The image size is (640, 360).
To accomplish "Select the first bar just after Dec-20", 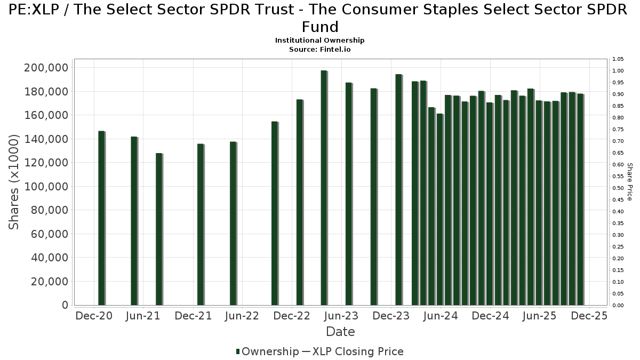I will pos(101,218).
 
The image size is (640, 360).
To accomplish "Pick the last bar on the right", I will pos(580,199).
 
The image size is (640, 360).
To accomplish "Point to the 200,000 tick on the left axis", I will pos(46,68).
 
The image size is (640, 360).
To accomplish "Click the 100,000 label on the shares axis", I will pos(46,187).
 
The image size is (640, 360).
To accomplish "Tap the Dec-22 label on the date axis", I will pos(292,316).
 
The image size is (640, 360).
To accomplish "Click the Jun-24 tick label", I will pos(440,316).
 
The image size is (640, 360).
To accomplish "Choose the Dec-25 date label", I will pos(589,316).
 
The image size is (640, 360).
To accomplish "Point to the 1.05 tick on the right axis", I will pos(618,59).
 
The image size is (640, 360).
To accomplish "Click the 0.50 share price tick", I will pos(618,188).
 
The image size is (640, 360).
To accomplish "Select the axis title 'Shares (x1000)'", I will pos(14,182).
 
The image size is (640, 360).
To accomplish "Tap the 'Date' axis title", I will pos(340,332).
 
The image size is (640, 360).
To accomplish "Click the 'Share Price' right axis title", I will pos(630,182).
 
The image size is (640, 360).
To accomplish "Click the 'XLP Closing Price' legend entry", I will pos(357,351).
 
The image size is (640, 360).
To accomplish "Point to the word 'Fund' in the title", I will pos(320,27).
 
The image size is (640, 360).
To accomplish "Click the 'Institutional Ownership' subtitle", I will pos(320,41).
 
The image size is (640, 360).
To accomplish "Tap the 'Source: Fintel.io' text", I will pos(320,49).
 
